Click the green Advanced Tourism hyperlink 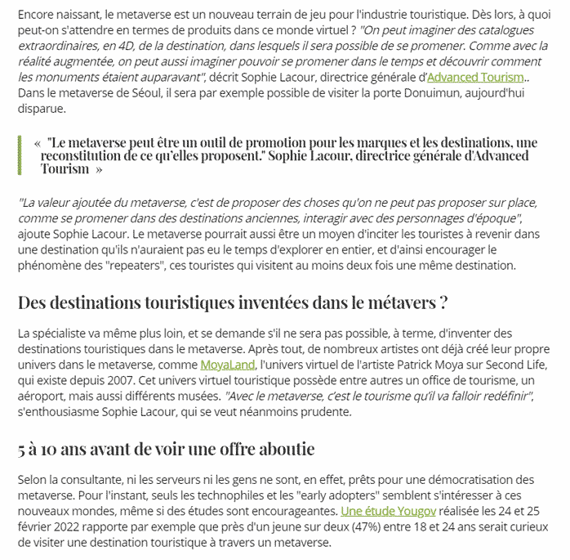[475, 77]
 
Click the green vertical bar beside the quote [19, 155]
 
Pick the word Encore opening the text [37, 15]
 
